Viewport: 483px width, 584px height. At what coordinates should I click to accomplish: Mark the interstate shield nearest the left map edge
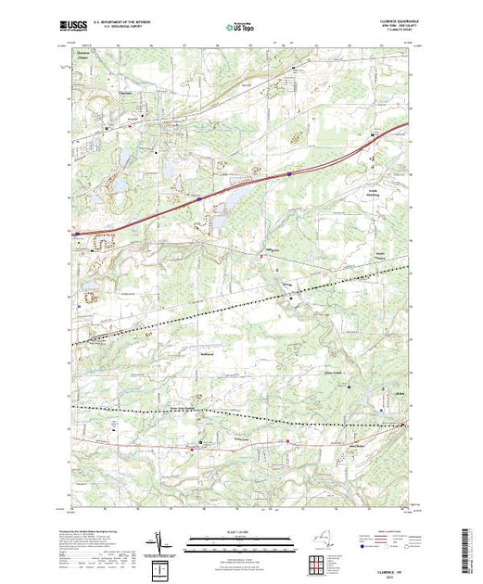(77, 234)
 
